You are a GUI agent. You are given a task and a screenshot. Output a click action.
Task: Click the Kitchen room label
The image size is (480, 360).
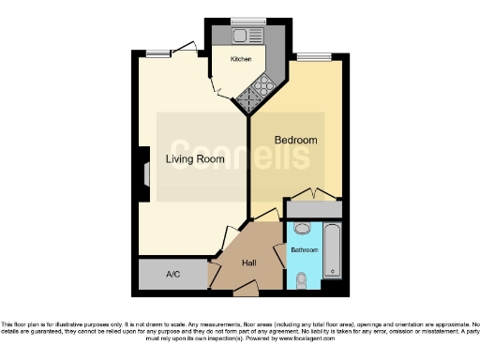[241, 59]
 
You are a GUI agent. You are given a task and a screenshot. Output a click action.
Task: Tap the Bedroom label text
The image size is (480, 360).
[295, 141]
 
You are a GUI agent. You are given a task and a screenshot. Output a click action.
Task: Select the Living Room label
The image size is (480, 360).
[195, 159]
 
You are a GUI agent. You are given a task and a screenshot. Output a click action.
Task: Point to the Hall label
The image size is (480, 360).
[249, 262]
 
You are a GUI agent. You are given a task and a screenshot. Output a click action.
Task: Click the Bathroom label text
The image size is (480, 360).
[304, 251]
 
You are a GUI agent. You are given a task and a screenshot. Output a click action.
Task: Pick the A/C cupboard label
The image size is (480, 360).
[172, 275]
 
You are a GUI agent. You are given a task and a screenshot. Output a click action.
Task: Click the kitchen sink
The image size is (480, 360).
[247, 36]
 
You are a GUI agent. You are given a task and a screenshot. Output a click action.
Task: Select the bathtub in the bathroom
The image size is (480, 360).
[332, 251]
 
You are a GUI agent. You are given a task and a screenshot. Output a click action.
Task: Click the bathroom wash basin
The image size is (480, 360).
[302, 229]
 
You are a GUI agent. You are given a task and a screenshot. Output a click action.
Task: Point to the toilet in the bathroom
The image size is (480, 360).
[302, 278]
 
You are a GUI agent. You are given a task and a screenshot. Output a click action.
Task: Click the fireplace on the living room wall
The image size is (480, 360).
[145, 174]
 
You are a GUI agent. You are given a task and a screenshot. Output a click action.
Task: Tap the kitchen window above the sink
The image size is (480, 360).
[248, 21]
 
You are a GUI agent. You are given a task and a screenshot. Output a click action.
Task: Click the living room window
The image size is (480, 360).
[157, 54]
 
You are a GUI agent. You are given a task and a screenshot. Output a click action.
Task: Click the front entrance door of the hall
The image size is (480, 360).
[245, 291]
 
